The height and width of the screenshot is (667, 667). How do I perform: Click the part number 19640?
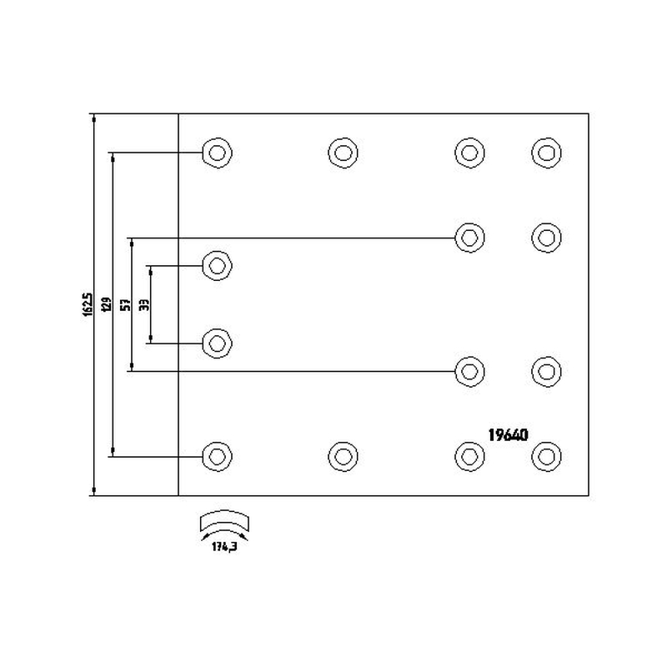tap(508, 434)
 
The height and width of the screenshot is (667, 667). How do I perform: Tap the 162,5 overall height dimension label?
tap(88, 304)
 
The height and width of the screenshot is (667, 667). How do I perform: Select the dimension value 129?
tap(107, 304)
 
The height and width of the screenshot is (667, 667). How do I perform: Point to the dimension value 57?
tap(126, 304)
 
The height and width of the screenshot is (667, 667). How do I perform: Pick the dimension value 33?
tap(144, 304)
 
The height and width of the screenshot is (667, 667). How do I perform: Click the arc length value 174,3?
tap(224, 547)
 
